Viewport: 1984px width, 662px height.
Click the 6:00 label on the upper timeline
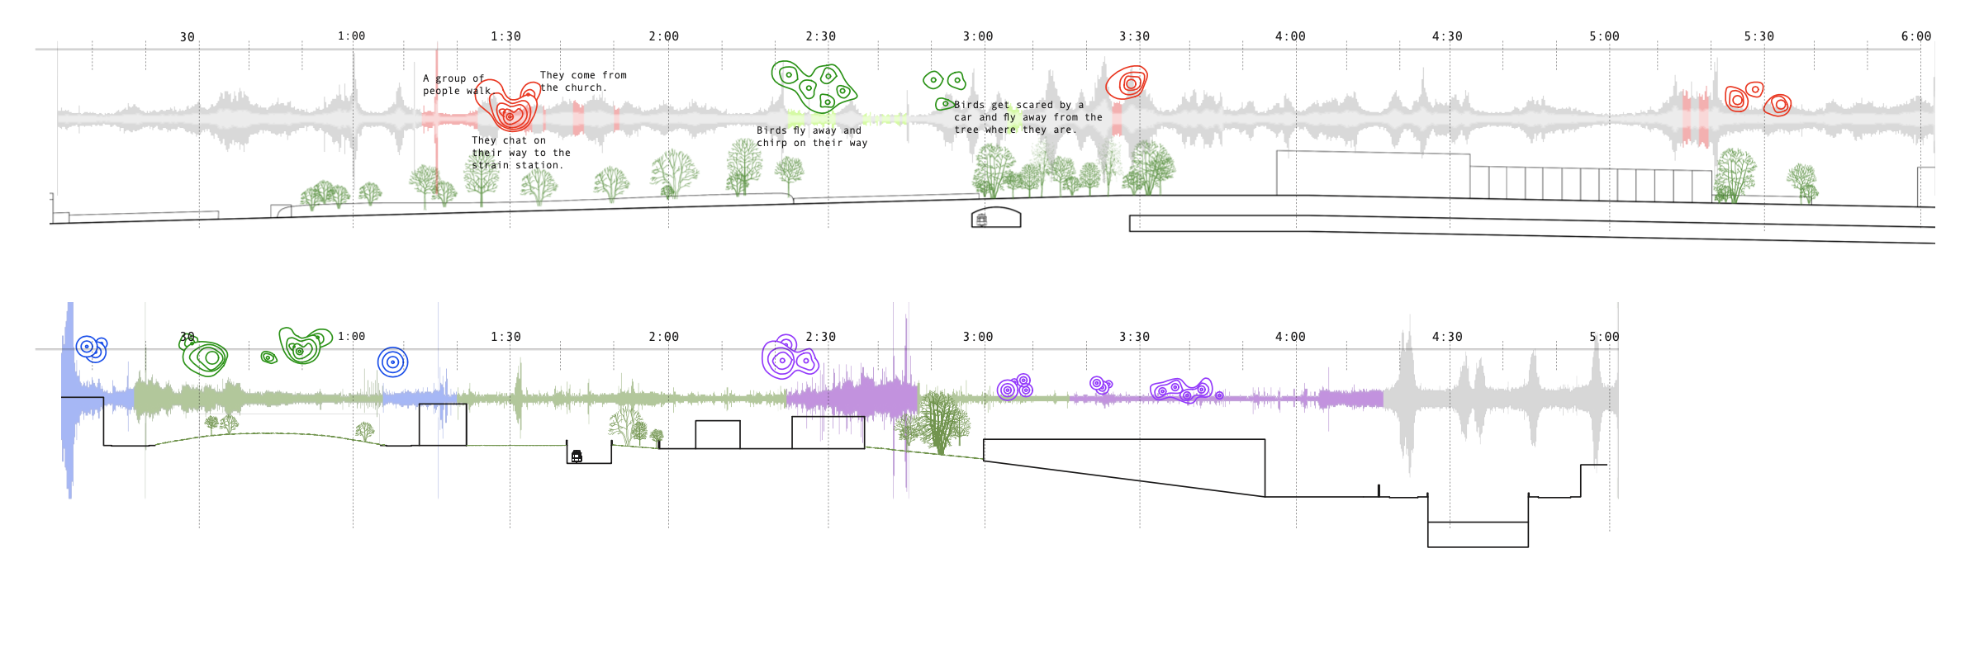point(1915,36)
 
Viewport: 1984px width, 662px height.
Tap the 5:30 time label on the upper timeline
point(1759,36)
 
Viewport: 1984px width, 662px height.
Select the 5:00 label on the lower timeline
point(1604,337)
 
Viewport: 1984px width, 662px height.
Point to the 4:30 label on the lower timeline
point(1447,337)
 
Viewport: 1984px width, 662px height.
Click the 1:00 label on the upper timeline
point(351,35)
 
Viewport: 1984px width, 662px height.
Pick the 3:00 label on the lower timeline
point(978,337)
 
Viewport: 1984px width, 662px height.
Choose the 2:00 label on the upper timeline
point(663,36)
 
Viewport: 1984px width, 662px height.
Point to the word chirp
point(772,143)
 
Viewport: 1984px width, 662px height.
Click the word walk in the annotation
point(478,91)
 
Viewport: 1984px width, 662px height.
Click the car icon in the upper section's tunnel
point(981,220)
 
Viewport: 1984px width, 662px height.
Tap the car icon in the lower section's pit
point(577,456)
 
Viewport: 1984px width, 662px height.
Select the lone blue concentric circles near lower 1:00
point(392,362)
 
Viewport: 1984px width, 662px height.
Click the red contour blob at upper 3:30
point(1128,83)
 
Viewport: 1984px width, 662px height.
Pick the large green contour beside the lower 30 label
point(206,357)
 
